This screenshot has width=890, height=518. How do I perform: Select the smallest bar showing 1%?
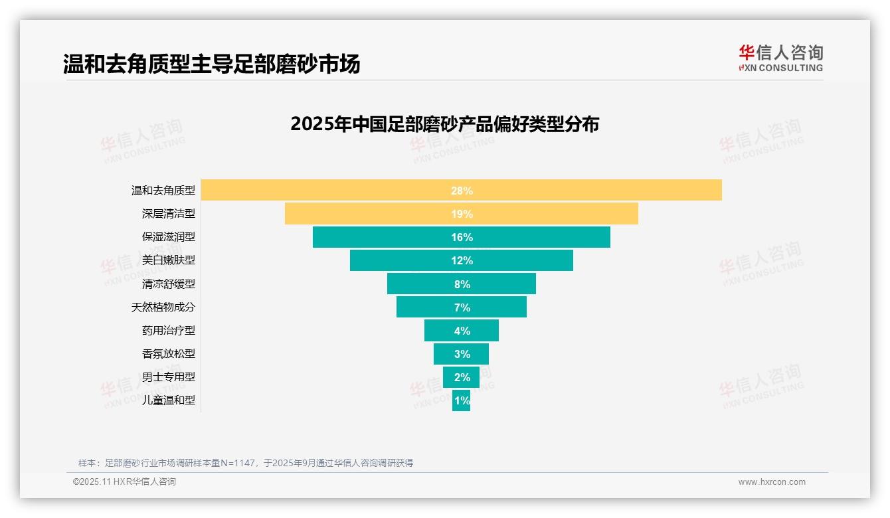coord(461,400)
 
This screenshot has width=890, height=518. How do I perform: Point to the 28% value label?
coord(462,191)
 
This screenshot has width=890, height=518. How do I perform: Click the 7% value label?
coord(462,307)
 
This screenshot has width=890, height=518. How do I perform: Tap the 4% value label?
coord(462,331)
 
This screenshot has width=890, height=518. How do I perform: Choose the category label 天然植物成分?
coord(163,307)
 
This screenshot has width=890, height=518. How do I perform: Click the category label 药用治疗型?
coord(169,330)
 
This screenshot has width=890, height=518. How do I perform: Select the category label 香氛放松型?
coord(169,353)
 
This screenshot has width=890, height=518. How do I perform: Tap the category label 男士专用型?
coord(169,377)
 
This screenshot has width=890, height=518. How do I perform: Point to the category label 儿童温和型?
coord(169,400)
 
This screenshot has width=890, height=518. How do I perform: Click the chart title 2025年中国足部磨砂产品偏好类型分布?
coord(444,124)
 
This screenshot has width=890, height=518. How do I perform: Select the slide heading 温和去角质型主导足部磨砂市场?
coord(211,64)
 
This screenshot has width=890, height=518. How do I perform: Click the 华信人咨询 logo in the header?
coord(780,58)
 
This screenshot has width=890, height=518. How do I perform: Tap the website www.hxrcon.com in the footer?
coord(772,482)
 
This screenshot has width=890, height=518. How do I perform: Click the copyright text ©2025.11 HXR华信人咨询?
coord(124,482)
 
